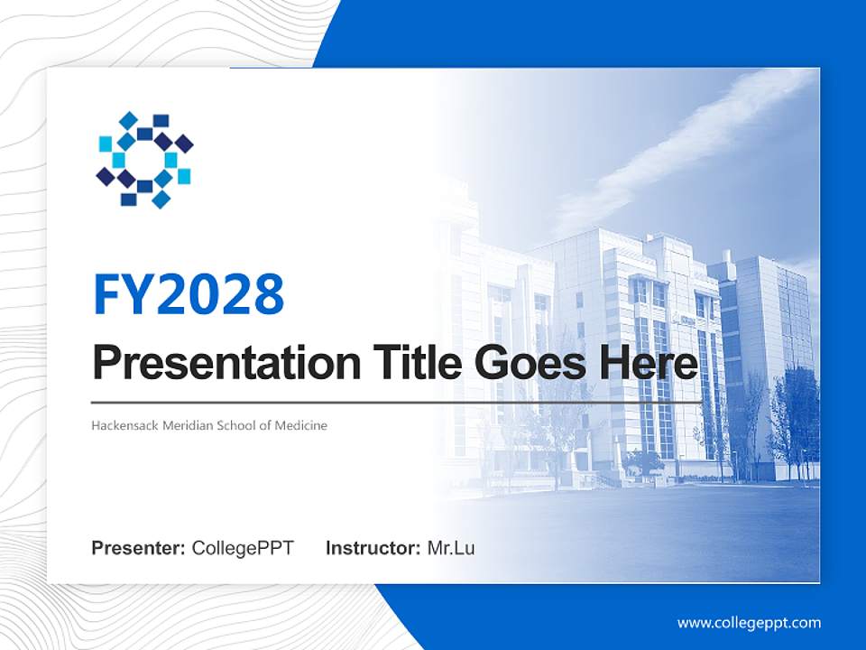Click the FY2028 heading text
point(189,293)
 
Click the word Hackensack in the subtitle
point(124,425)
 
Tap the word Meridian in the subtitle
point(189,425)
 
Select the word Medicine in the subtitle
point(301,425)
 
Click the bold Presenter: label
point(139,548)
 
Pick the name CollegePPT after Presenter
point(243,548)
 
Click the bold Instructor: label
point(373,548)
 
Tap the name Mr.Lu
point(451,548)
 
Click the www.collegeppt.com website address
point(749,623)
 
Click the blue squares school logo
point(144,160)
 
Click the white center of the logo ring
point(144,160)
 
